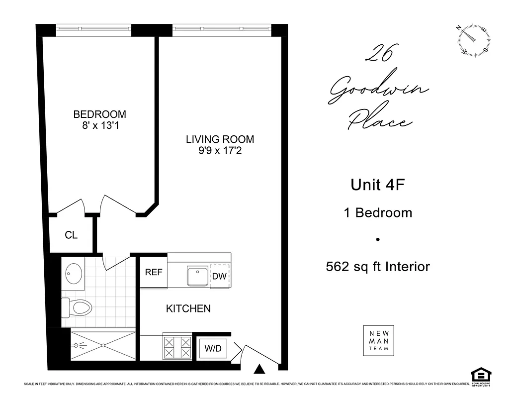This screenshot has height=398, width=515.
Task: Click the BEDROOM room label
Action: [x=99, y=114]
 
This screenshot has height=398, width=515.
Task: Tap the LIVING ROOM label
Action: [x=220, y=139]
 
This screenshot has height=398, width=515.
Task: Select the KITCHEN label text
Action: [x=188, y=308]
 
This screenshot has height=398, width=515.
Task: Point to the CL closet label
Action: [x=71, y=235]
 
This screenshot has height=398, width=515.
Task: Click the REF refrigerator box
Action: [x=154, y=273]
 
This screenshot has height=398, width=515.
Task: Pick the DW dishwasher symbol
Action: [x=219, y=276]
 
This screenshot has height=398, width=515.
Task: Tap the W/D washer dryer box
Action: [x=213, y=349]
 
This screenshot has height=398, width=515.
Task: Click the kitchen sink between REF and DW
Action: [x=197, y=277]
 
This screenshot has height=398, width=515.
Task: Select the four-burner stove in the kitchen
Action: [x=177, y=347]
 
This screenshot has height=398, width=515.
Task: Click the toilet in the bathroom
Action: [x=77, y=307]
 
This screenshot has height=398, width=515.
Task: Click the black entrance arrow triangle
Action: [x=258, y=369]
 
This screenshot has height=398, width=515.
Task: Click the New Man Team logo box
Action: [x=379, y=341]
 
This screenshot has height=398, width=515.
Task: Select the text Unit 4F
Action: [x=378, y=185]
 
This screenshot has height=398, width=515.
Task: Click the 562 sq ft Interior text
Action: [x=378, y=267]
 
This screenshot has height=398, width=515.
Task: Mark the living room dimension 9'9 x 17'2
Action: [x=220, y=150]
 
